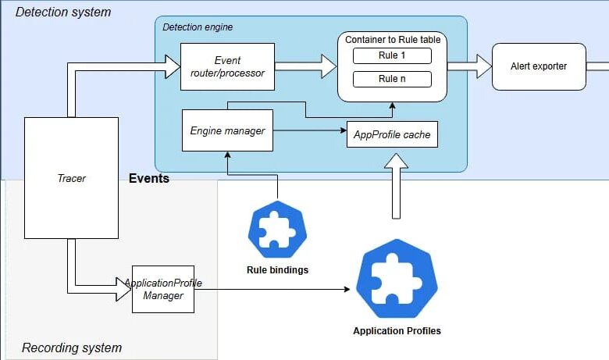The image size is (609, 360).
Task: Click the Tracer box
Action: (71, 178)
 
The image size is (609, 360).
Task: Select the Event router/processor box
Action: (227, 66)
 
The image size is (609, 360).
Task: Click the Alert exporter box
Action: (538, 66)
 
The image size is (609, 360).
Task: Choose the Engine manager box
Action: (227, 130)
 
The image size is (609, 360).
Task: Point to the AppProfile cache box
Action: (392, 134)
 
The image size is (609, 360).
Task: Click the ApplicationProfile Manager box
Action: (163, 289)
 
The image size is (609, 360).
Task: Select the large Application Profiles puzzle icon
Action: (397, 278)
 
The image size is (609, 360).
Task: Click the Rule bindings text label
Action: (277, 271)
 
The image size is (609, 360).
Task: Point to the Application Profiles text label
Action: (397, 331)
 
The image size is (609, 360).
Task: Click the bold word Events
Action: (148, 179)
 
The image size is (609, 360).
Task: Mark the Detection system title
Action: (63, 12)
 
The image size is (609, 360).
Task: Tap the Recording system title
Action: (71, 348)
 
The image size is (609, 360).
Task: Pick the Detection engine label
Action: (198, 27)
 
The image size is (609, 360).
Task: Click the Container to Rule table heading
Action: (392, 38)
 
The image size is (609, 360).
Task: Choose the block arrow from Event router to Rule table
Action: (305, 66)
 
